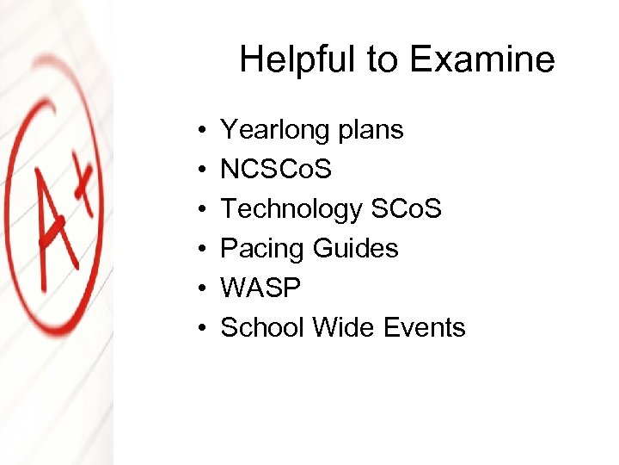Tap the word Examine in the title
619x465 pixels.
482,60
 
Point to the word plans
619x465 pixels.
370,130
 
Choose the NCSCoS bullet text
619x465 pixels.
276,170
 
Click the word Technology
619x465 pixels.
291,209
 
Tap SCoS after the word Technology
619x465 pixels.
406,209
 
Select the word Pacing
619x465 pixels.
263,249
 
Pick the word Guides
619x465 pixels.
356,249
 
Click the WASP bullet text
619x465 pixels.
261,288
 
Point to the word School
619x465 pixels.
263,328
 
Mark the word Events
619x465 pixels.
425,328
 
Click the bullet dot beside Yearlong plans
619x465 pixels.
199,131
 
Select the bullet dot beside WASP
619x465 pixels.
199,289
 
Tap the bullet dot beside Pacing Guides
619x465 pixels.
199,250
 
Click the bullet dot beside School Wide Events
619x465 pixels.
199,329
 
